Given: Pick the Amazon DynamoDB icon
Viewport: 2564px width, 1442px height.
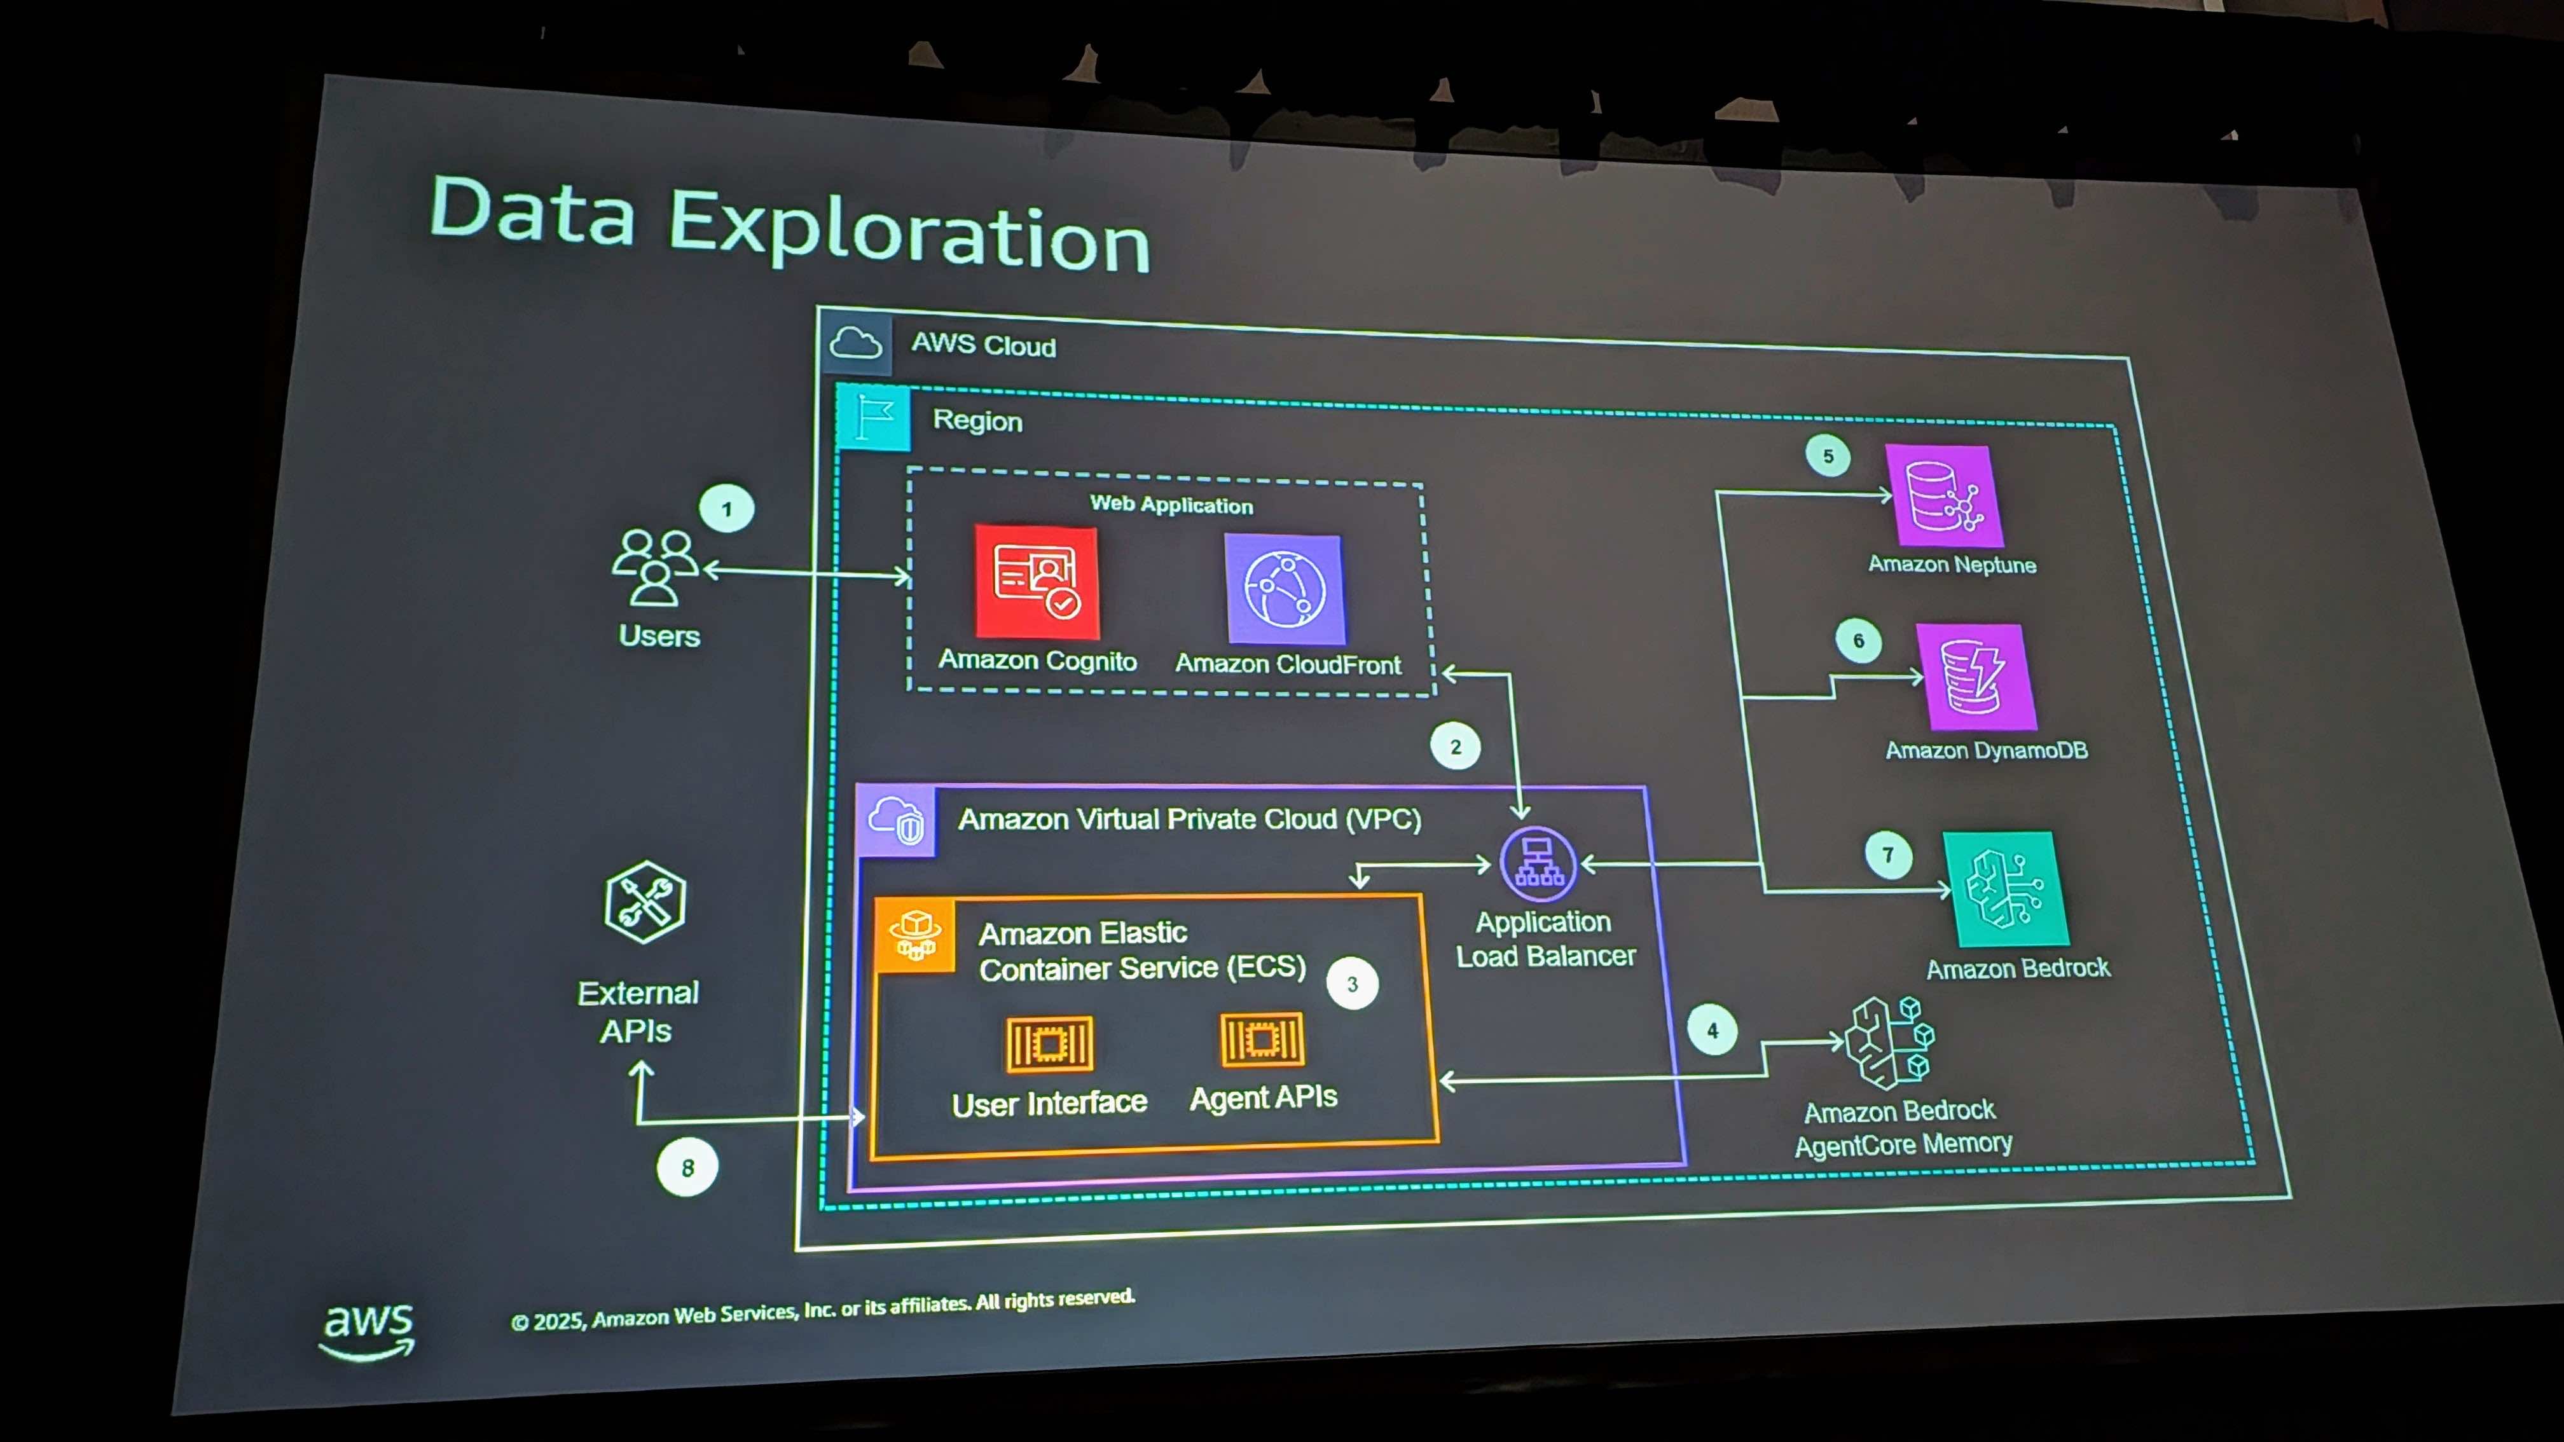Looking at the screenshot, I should (1976, 676).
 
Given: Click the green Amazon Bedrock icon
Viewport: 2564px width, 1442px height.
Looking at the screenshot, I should (2006, 889).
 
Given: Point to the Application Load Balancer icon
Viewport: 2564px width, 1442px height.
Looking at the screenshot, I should (1538, 864).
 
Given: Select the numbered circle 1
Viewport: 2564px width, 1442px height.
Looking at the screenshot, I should (727, 509).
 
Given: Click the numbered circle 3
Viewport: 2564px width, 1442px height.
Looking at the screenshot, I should (1352, 983).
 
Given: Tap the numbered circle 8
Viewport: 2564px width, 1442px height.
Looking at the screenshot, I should (687, 1167).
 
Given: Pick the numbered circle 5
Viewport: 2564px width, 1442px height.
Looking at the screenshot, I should (1828, 456).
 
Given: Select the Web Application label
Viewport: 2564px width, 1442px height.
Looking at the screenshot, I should (1171, 505).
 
